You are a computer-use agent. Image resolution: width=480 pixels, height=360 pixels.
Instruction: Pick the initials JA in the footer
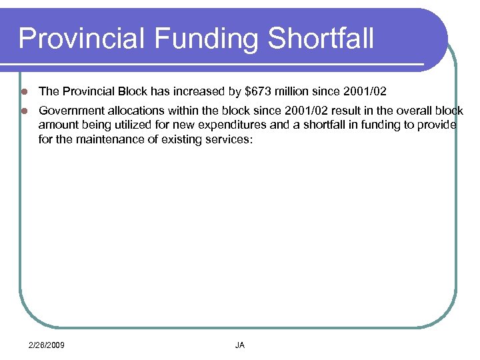[x=240, y=345]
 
